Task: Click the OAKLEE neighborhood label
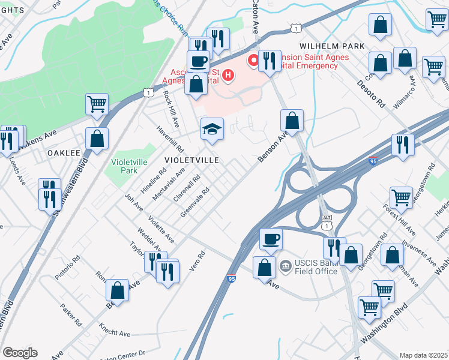pos(64,153)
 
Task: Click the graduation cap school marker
pos(211,129)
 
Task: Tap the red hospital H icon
pos(228,75)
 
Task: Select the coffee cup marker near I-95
pos(271,239)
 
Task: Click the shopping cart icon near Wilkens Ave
pos(97,104)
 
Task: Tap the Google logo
pos(20,353)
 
